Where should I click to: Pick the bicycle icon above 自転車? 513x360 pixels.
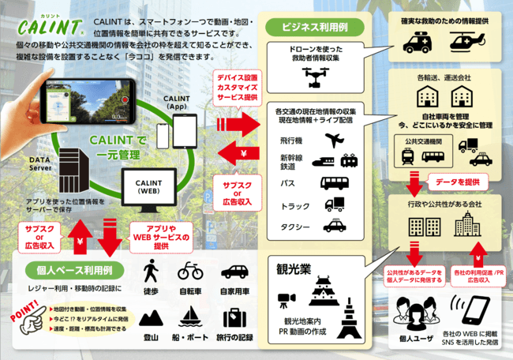(x=191, y=272)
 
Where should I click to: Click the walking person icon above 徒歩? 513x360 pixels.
(x=149, y=272)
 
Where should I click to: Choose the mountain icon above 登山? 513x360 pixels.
(x=148, y=317)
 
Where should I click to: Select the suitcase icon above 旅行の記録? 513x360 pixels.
(x=234, y=317)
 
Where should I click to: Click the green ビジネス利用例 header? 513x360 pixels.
(x=313, y=26)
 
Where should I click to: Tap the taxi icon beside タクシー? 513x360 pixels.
(x=334, y=227)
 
